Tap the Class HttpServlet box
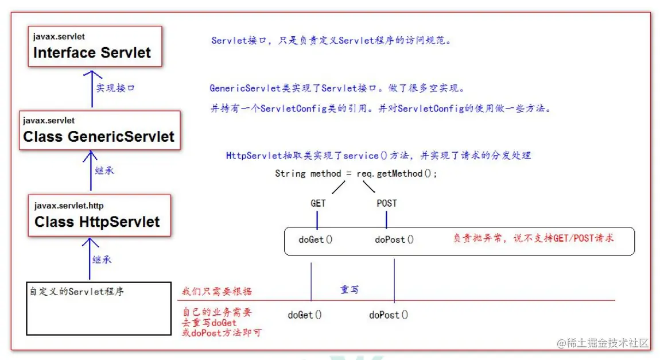(99, 215)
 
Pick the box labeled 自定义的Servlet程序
(99, 307)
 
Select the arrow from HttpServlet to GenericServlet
(90, 171)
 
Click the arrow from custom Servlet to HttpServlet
(87, 259)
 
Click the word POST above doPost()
(386, 203)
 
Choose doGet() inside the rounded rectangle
(315, 239)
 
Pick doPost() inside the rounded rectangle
(394, 239)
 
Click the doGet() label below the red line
(305, 315)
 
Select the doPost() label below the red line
(389, 315)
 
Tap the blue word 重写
(350, 290)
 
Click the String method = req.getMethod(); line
(356, 173)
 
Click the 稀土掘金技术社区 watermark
(602, 343)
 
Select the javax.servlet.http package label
(68, 206)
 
